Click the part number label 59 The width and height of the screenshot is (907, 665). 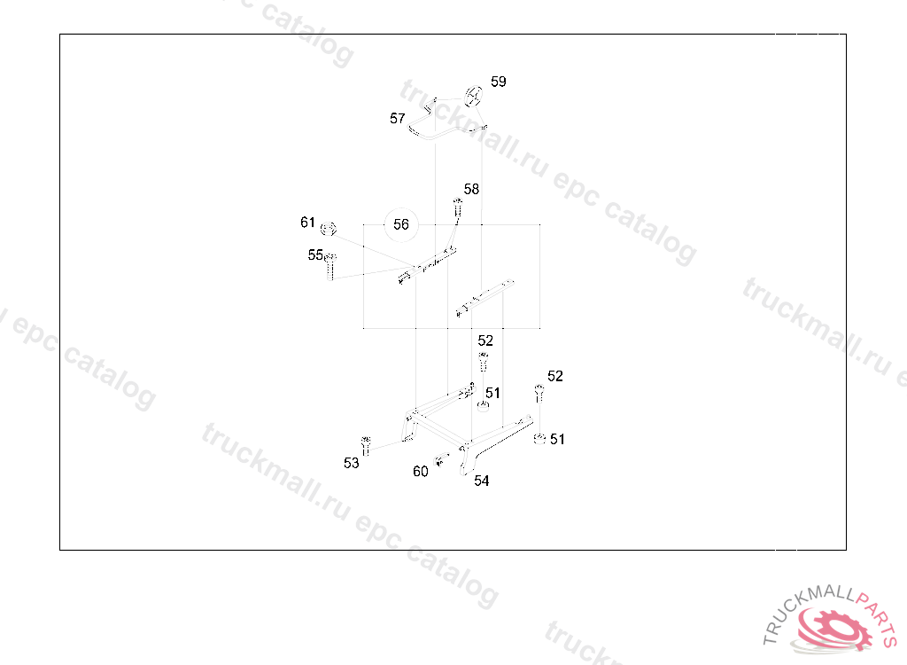coord(499,82)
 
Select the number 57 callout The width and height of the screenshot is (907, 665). coord(398,118)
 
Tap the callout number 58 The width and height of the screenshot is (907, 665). coord(471,189)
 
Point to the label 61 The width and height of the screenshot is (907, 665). coord(307,222)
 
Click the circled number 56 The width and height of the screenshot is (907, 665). coord(401,224)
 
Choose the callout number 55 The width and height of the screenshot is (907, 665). coord(315,254)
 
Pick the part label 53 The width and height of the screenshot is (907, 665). coord(352,463)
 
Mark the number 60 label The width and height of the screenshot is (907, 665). coord(421,472)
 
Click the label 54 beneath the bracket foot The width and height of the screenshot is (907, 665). coord(482,481)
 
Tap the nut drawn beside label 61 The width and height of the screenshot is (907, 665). coord(330,230)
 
